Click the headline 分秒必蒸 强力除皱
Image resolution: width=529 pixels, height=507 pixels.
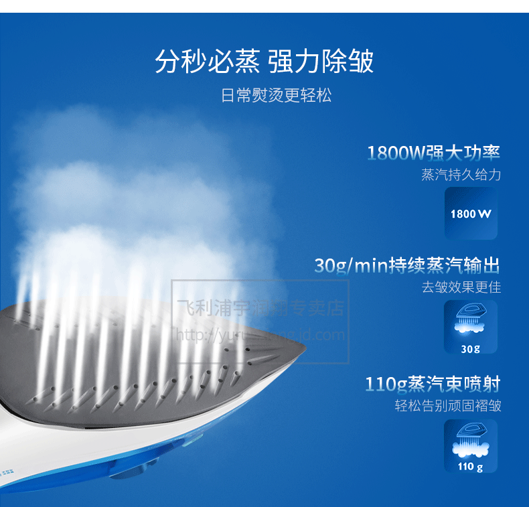coord(264,62)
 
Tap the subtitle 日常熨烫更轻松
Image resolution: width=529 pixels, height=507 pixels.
coord(276,95)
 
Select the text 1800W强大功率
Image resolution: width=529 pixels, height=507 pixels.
coord(433,153)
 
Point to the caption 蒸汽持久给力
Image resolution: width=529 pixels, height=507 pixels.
coord(461,175)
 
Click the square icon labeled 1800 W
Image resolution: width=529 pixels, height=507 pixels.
coord(471,213)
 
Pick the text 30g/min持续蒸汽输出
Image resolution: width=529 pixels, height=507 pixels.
coord(407,265)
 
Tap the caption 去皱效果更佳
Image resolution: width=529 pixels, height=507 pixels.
coord(461,287)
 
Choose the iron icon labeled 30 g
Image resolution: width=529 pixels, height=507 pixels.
coord(471,326)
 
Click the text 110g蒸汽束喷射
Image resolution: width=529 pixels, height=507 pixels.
coord(433,384)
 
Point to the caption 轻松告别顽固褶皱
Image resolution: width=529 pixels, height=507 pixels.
coord(447,407)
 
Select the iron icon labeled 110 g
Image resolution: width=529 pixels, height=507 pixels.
coord(471,446)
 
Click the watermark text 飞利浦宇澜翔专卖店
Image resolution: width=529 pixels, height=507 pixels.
coord(260,308)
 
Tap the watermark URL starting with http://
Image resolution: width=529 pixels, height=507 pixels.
coord(260,335)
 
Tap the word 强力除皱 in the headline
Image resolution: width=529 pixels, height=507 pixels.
coord(321,62)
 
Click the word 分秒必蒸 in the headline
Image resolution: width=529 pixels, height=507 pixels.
coord(207,62)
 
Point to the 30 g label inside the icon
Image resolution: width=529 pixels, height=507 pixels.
coord(471,348)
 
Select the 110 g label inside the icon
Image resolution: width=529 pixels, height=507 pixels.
coord(471,467)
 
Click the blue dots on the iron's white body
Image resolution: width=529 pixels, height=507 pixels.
coord(9,472)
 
